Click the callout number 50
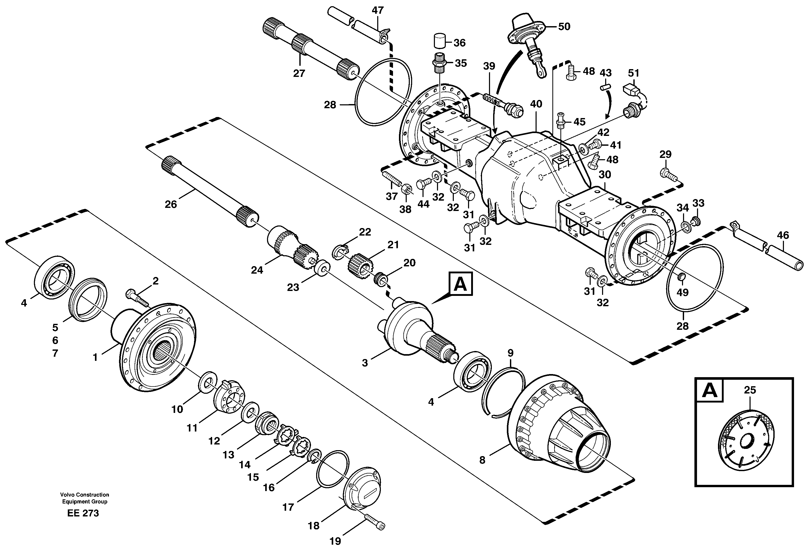(564, 26)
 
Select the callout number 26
(171, 204)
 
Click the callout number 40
(536, 104)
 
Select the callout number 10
(177, 409)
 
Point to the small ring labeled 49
(681, 277)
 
